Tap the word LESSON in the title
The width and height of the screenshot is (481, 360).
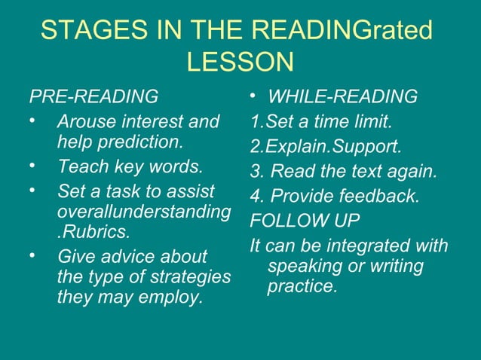point(240,63)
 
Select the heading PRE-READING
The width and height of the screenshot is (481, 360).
point(93,97)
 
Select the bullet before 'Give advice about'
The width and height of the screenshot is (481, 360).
point(34,258)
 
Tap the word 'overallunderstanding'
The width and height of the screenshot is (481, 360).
point(143,212)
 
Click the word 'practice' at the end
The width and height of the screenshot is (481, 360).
point(301,287)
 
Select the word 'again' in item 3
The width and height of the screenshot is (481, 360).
point(412,171)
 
